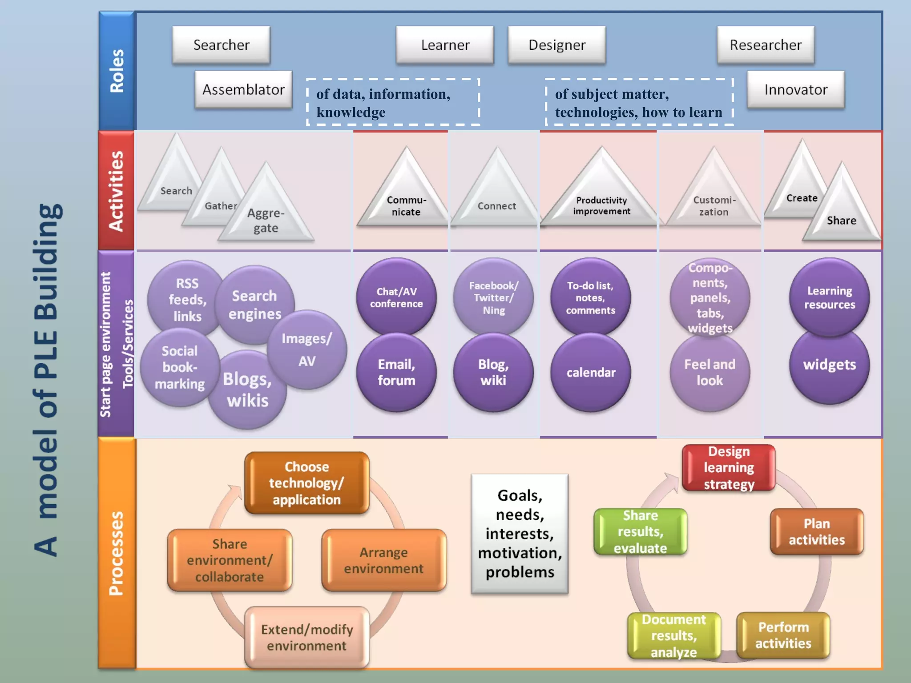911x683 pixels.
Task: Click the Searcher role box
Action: click(x=221, y=45)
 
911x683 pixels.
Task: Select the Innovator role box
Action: click(x=795, y=90)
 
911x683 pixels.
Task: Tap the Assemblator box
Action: click(x=243, y=90)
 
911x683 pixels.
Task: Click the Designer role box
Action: click(x=556, y=45)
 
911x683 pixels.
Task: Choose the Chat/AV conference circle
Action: click(x=396, y=297)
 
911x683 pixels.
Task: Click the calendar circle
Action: click(x=591, y=372)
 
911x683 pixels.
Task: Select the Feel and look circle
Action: click(x=709, y=372)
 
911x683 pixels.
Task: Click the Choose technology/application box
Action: click(x=306, y=483)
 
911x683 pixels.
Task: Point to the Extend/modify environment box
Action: click(x=306, y=637)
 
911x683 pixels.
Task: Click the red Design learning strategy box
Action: click(x=729, y=468)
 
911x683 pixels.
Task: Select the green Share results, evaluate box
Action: click(x=640, y=531)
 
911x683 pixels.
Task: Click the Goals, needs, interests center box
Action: click(x=520, y=534)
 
